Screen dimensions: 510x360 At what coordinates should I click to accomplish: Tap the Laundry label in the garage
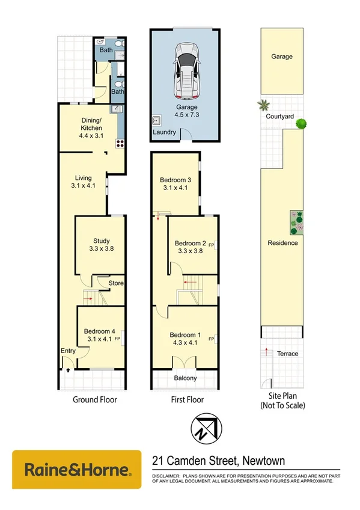(x=164, y=132)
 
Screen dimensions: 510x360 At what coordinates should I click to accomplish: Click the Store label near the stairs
(x=115, y=283)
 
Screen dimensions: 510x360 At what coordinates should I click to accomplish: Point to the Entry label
(x=67, y=351)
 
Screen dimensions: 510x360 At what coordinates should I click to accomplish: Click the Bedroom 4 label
(x=100, y=331)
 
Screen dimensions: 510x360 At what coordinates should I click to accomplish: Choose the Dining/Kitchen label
(x=91, y=124)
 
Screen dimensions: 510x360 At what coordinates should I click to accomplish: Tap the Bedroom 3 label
(x=175, y=180)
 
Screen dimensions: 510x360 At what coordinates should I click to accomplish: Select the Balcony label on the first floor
(x=185, y=378)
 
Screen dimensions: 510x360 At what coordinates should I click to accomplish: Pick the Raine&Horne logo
(x=76, y=470)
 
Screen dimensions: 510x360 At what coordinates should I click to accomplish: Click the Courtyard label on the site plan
(x=281, y=117)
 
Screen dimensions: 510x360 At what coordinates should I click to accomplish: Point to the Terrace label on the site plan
(x=287, y=354)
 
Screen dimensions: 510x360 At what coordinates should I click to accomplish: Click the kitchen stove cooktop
(x=120, y=143)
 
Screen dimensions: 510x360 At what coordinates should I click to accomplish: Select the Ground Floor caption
(x=94, y=399)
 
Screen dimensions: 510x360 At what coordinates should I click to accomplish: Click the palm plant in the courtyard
(x=263, y=106)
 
